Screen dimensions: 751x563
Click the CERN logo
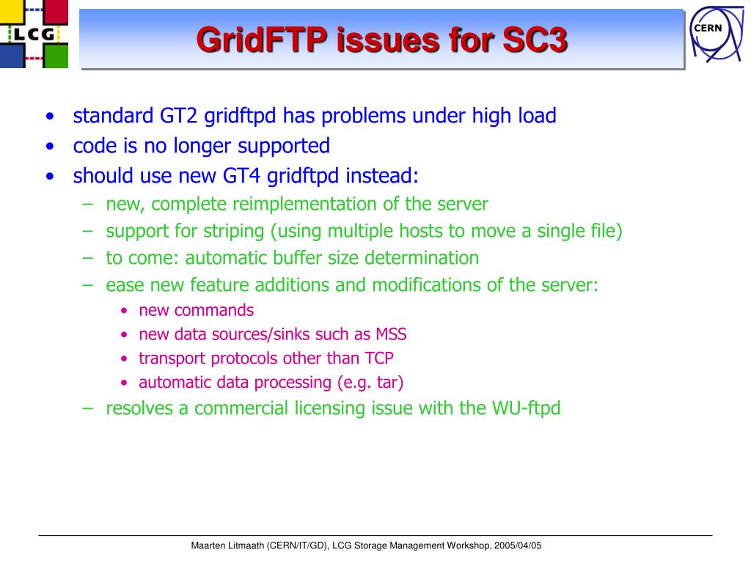coord(717,34)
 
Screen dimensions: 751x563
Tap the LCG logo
coord(34,34)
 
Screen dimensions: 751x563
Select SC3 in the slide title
coord(535,40)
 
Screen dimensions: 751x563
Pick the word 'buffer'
coord(294,258)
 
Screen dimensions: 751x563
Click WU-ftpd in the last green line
coord(526,408)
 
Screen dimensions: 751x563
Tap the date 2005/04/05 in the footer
coord(518,545)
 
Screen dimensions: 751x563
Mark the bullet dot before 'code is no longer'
coord(51,147)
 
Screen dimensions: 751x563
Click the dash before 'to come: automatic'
coord(88,258)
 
